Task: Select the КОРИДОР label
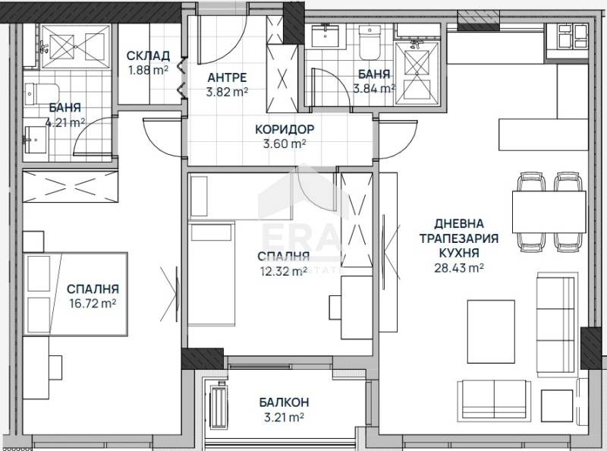[285, 128]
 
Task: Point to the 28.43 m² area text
[459, 267]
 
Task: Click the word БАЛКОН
[284, 402]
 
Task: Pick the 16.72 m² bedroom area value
[93, 303]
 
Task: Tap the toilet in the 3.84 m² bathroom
[370, 45]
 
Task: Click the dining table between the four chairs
[548, 212]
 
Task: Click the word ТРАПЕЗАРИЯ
[458, 238]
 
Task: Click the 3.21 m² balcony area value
[284, 417]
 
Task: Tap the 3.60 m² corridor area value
[285, 143]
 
